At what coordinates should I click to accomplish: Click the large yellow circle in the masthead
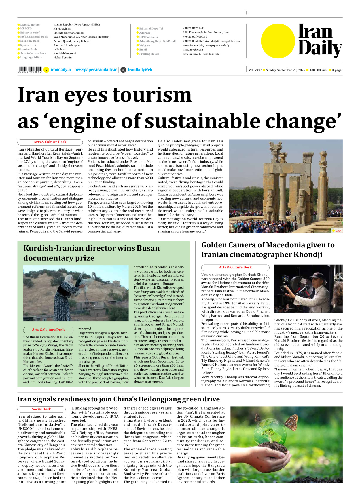click(x=278, y=41)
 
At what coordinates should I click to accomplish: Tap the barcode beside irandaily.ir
click(x=30, y=69)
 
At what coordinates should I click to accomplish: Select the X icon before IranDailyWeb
click(x=123, y=70)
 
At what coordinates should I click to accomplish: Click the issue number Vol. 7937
click(x=255, y=70)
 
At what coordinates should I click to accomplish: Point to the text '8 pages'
click(x=337, y=70)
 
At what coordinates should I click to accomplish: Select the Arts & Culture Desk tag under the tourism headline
click(x=50, y=142)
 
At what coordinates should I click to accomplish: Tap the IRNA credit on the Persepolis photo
click(x=338, y=231)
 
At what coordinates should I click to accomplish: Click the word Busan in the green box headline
click(x=148, y=248)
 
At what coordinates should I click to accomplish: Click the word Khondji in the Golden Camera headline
click(x=308, y=255)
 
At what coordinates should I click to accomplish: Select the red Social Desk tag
click(x=41, y=409)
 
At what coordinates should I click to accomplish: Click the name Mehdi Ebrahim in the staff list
click(x=63, y=58)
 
